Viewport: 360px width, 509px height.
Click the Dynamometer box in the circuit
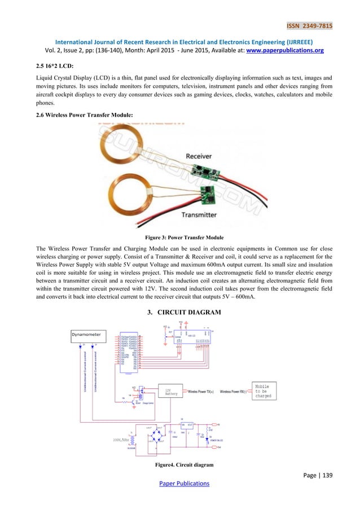89,334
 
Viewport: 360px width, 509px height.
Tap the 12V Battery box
173,392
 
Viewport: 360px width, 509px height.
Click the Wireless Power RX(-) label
236,391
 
